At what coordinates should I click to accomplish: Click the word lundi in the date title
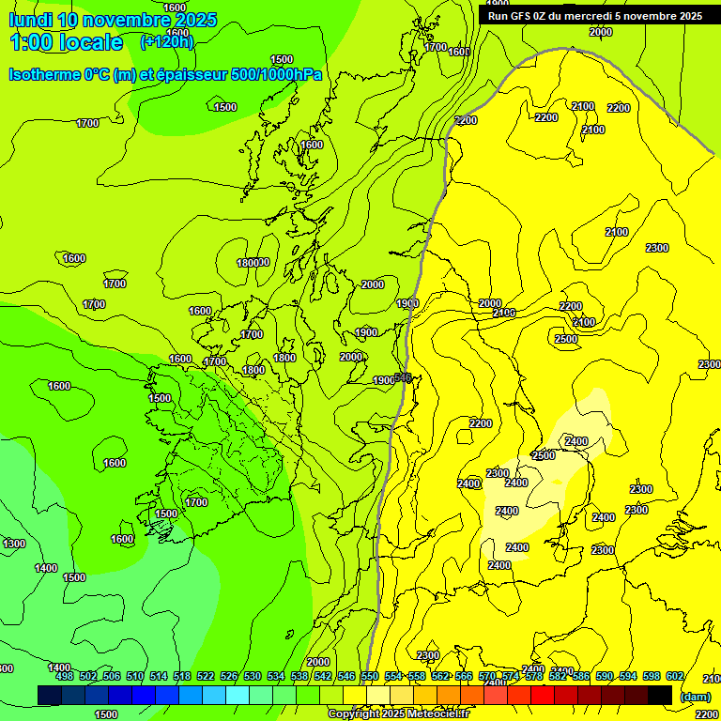point(30,19)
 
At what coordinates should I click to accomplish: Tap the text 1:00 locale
point(66,42)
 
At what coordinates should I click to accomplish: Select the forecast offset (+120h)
point(166,41)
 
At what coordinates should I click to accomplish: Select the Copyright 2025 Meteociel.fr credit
point(397,714)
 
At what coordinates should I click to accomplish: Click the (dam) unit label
point(695,696)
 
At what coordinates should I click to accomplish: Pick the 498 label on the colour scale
point(65,677)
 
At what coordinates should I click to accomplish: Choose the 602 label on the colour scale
point(674,677)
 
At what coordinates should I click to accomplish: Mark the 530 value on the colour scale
point(253,677)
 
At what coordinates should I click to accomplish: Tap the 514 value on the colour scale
point(159,677)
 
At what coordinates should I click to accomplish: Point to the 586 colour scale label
point(581,677)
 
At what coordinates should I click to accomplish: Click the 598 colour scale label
point(652,677)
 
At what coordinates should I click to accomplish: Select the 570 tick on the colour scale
point(487,677)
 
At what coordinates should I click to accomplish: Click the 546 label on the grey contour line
point(403,377)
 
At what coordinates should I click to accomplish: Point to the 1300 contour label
point(14,544)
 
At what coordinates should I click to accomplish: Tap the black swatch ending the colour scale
point(660,695)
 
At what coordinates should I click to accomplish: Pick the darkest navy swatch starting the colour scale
point(50,695)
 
